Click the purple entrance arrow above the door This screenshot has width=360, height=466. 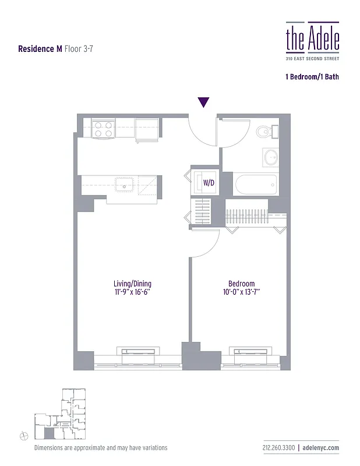click(x=203, y=103)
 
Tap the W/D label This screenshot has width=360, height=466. click(x=208, y=183)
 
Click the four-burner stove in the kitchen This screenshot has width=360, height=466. click(x=103, y=129)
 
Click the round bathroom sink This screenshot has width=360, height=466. click(x=270, y=157)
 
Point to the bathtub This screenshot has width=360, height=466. click(x=256, y=185)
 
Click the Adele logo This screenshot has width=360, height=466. click(x=312, y=38)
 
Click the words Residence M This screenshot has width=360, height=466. click(x=40, y=49)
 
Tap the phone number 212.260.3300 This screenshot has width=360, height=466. click(x=278, y=447)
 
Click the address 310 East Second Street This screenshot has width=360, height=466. click(x=312, y=59)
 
